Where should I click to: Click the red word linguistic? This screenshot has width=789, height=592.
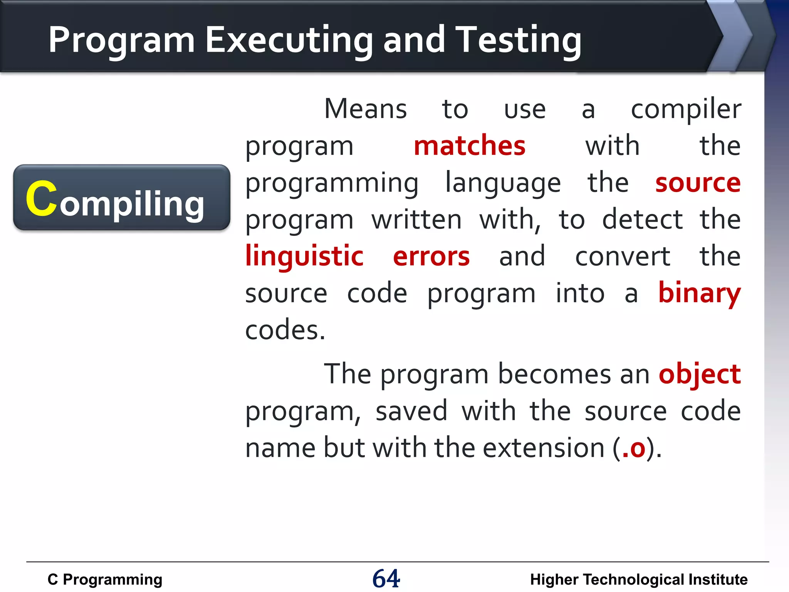point(304,256)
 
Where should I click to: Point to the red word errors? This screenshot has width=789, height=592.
point(431,256)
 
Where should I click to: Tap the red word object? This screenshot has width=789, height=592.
point(699,374)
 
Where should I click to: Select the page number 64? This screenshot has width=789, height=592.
point(386,579)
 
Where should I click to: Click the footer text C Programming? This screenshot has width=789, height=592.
point(105,580)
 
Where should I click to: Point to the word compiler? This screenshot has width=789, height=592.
point(686,109)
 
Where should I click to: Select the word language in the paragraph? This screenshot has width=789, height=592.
point(503,183)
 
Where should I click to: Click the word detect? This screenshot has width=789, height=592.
point(642,219)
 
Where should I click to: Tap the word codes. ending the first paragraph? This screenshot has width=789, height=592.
point(285,330)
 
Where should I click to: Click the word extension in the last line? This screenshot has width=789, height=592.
point(543,448)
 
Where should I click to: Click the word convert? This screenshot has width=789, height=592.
point(622,256)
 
